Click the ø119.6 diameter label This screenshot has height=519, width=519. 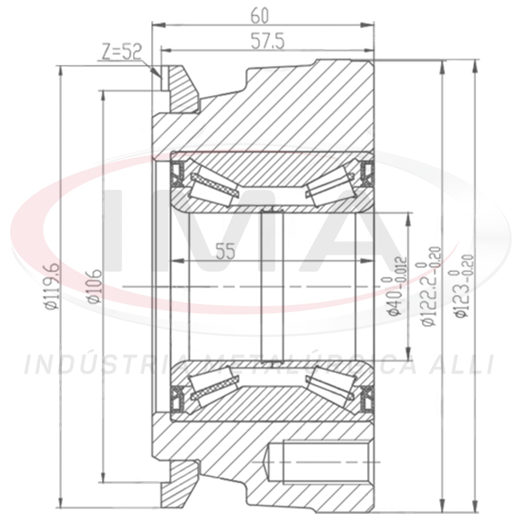click(52, 287)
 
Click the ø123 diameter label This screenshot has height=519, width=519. click(464, 286)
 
